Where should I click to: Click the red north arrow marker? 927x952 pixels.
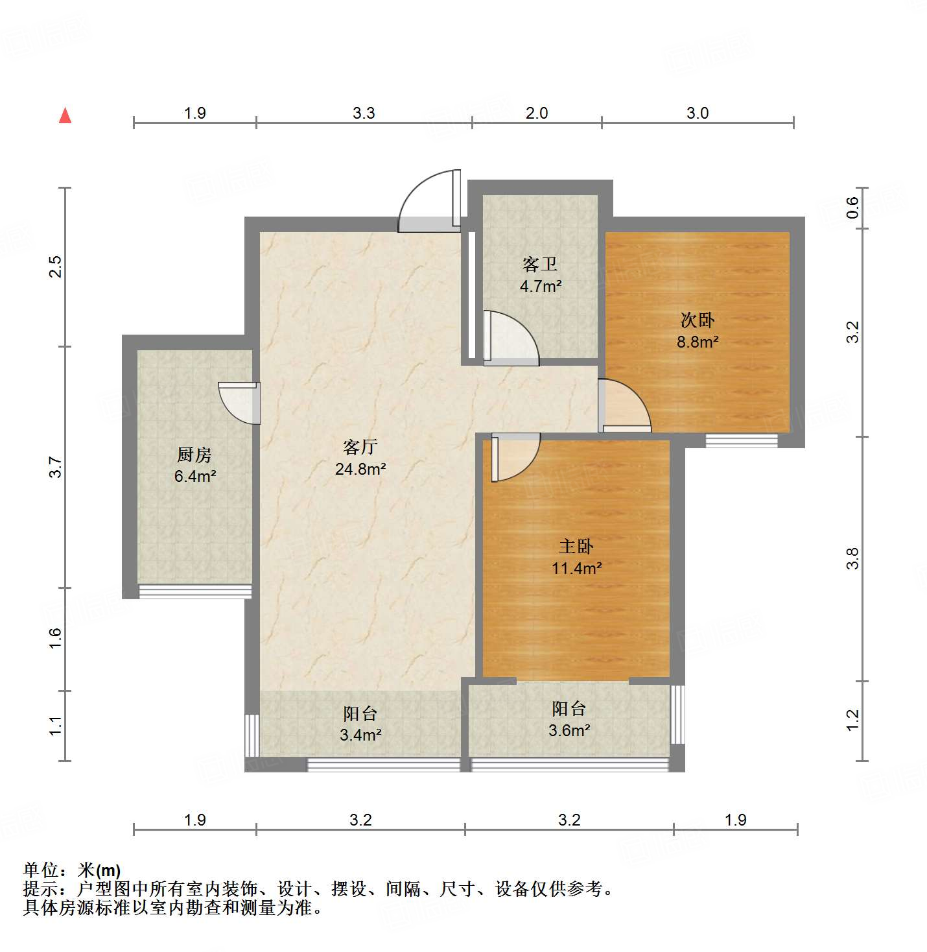tap(65, 115)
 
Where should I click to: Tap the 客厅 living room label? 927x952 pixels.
tap(360, 447)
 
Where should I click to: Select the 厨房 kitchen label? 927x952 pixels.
tap(194, 455)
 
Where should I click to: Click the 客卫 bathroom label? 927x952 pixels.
tap(540, 264)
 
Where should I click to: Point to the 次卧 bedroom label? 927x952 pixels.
tap(698, 320)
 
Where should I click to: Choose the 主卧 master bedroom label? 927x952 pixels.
tap(576, 546)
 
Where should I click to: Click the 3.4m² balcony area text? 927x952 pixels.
tap(360, 735)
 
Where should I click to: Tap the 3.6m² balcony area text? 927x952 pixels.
tap(569, 730)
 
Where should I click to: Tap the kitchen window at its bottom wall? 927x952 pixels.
tap(195, 591)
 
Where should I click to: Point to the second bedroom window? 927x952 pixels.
tap(741, 441)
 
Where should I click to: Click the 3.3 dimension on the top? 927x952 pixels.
tap(364, 113)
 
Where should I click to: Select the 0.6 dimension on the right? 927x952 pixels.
tap(853, 208)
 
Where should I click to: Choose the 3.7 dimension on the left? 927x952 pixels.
tap(56, 468)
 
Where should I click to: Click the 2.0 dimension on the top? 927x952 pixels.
tap(537, 113)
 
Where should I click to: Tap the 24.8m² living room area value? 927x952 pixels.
tap(360, 469)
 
